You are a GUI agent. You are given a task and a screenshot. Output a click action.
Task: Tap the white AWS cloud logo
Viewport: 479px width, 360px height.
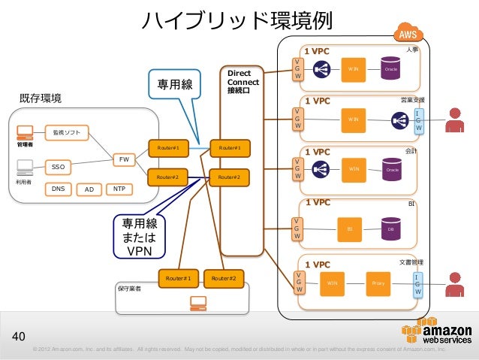tap(408, 34)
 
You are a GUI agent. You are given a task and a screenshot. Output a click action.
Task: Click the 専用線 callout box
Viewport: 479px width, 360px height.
tap(172, 86)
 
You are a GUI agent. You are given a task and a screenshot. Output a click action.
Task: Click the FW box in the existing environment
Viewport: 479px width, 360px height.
tap(125, 159)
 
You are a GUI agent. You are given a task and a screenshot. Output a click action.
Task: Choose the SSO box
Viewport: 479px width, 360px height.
tap(57, 166)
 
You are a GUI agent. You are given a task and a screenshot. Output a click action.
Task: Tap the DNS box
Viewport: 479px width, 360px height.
tap(57, 189)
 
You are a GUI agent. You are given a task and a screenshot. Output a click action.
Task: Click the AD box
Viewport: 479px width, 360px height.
tap(89, 189)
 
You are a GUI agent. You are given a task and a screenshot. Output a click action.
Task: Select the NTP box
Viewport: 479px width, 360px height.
tap(119, 189)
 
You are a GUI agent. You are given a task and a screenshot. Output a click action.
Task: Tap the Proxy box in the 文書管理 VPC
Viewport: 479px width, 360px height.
tap(378, 283)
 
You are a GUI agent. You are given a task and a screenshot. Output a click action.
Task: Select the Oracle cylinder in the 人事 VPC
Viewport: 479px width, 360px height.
tap(390, 68)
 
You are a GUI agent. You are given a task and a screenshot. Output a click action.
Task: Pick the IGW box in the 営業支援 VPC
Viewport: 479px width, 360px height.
tap(419, 120)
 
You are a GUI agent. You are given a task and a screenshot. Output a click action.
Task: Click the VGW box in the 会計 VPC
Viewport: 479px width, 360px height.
tap(299, 169)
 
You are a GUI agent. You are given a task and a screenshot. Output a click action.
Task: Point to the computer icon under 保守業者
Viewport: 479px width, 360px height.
tap(198, 302)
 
